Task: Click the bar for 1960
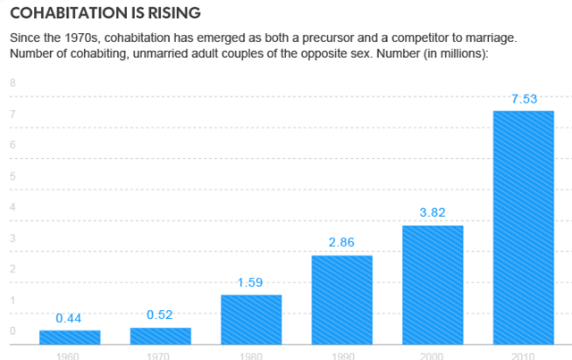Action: [70, 337]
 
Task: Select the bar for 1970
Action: [161, 336]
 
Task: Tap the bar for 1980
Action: [251, 319]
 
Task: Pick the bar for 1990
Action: [341, 299]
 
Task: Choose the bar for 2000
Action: [433, 284]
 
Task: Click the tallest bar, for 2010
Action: [524, 227]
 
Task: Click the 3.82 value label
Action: [433, 213]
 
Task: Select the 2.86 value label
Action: [341, 243]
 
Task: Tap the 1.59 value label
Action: [251, 282]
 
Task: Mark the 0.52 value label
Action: [161, 315]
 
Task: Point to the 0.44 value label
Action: [70, 318]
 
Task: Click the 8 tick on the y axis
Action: [13, 83]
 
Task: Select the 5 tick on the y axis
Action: [13, 176]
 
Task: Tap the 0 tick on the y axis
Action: [13, 331]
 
